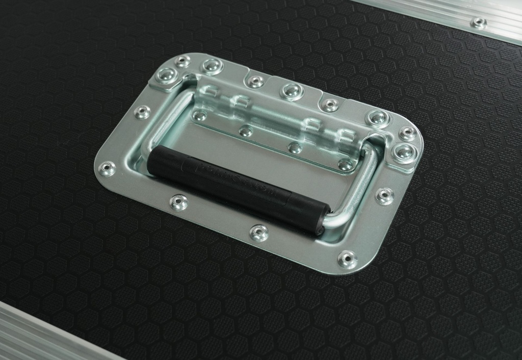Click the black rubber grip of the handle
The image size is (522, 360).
[x=234, y=186]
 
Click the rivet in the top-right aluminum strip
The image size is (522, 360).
[x=479, y=22]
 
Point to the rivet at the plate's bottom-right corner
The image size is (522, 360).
[x=347, y=259]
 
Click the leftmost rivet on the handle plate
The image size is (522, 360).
[x=107, y=168]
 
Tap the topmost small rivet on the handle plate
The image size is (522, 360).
[x=182, y=61]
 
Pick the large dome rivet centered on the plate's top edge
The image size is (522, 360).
[x=292, y=91]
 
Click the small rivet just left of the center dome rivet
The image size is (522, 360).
[x=255, y=82]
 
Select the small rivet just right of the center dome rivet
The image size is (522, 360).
[x=330, y=105]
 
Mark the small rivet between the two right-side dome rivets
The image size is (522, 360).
[x=407, y=134]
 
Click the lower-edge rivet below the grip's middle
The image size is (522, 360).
[x=259, y=233]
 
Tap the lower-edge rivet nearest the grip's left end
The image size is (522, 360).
[x=178, y=202]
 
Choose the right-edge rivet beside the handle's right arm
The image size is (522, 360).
[x=384, y=195]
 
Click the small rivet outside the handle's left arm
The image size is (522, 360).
[x=142, y=112]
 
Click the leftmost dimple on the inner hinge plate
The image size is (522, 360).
[x=200, y=116]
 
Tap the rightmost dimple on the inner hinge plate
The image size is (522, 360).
[x=345, y=164]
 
